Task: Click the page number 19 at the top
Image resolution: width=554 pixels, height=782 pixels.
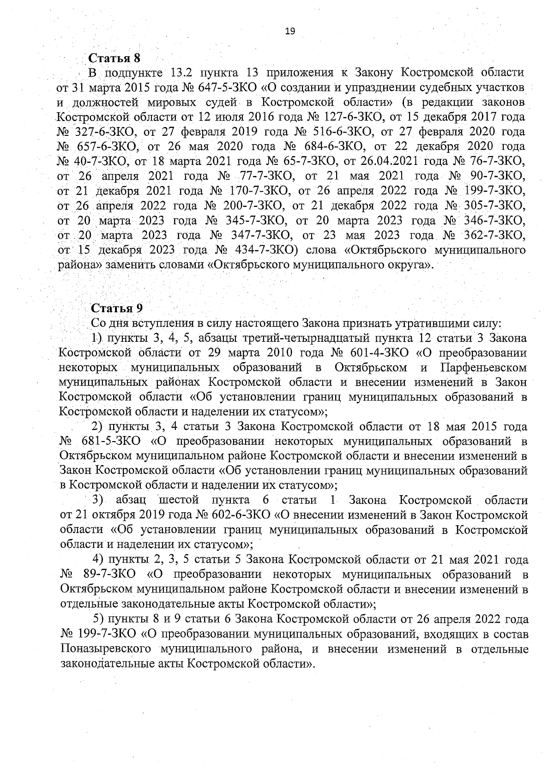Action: [x=290, y=31]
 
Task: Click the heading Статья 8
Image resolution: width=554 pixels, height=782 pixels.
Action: [x=114, y=59]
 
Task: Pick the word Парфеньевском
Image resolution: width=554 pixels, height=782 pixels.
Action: [x=484, y=368]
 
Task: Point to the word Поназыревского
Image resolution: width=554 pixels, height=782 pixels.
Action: [x=106, y=649]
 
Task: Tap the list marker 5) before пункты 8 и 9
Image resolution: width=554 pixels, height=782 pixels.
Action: [x=100, y=619]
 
